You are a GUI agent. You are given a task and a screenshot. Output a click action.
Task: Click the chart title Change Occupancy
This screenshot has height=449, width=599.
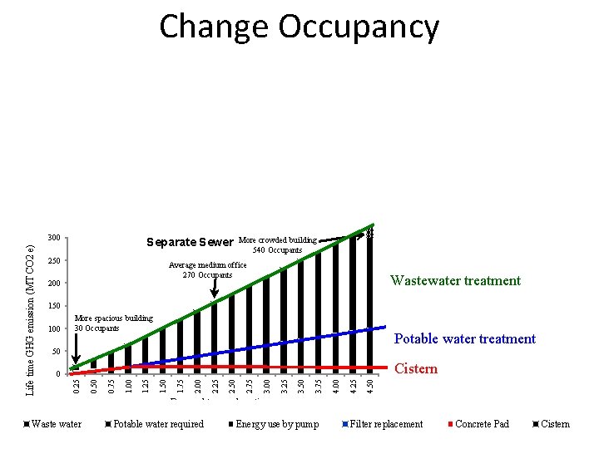299,27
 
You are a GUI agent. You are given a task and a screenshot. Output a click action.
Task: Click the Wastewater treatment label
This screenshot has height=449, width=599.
455,281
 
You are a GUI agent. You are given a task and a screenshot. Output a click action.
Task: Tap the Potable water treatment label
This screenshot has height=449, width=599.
464,339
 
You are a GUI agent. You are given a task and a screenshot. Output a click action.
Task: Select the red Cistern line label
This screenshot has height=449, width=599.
415,369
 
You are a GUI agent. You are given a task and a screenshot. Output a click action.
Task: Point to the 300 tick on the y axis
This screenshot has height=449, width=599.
55,239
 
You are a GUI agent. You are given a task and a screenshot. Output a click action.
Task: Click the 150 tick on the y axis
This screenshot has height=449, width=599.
55,307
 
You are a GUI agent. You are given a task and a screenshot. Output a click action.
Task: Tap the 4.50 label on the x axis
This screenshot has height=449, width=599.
371,387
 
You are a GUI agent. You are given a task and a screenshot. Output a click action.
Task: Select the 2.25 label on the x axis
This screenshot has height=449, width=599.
215,387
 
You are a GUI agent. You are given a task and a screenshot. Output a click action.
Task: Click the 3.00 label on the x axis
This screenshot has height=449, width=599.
267,387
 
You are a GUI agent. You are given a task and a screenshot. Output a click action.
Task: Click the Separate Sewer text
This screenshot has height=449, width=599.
190,243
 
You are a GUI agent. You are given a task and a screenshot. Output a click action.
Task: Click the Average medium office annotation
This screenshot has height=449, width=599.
208,265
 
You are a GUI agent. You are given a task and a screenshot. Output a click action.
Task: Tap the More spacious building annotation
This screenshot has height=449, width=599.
114,318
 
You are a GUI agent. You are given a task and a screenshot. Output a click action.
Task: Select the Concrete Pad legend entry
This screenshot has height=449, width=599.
482,424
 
